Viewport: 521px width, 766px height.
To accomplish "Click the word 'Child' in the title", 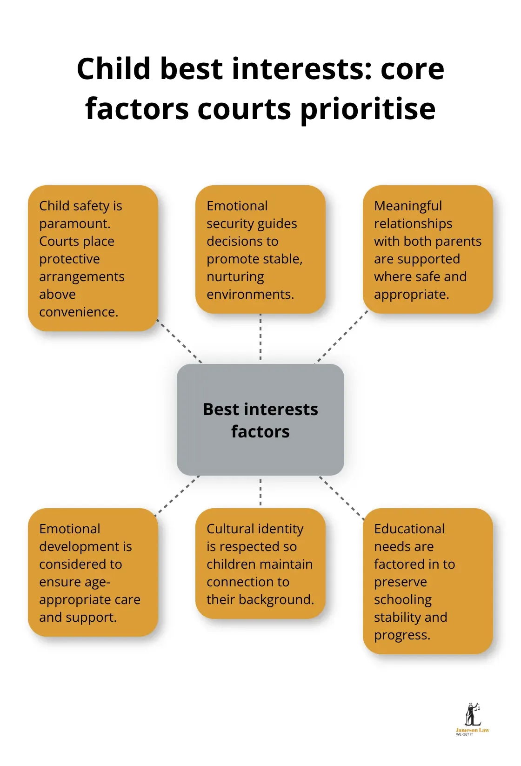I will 114,69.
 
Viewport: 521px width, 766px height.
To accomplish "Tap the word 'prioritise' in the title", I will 367,110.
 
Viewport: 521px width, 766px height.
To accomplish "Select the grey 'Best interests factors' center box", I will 260,420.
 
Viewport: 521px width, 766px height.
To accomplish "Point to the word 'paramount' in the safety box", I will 74,224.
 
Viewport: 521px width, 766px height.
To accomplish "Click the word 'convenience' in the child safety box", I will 78,312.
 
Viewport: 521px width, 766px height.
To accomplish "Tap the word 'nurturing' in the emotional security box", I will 235,277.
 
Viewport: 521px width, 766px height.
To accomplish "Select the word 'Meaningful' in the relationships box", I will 408,206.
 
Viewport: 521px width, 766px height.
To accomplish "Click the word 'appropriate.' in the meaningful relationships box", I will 411,295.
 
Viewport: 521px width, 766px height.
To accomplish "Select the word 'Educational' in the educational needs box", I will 409,529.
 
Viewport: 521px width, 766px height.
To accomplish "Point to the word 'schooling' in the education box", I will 402,600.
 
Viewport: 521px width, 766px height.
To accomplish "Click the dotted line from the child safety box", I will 179,340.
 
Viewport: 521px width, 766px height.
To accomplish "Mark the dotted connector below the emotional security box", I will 260,337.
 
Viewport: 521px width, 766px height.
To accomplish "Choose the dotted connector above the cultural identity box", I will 260,492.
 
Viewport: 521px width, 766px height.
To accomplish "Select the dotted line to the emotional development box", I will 178,495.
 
